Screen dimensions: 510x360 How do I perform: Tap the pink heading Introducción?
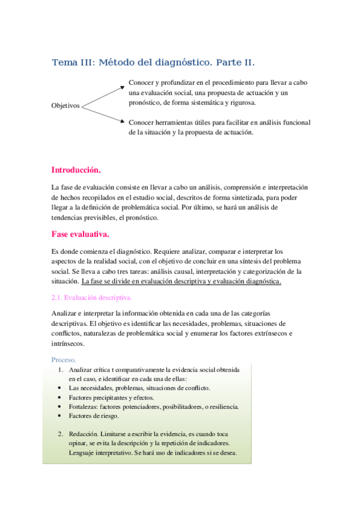point(76,170)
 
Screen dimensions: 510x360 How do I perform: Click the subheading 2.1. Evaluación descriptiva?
point(91,297)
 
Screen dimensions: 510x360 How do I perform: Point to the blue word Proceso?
point(64,360)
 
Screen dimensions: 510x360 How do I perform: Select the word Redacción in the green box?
point(83,434)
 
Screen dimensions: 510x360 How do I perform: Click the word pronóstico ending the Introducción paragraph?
point(141,218)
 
